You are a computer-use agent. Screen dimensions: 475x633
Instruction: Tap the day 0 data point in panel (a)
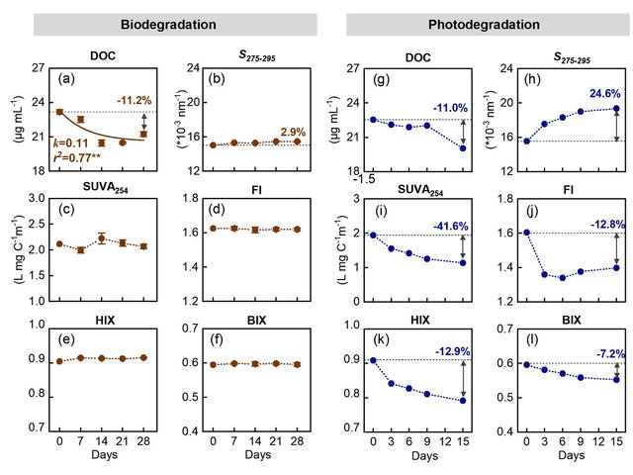59,112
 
